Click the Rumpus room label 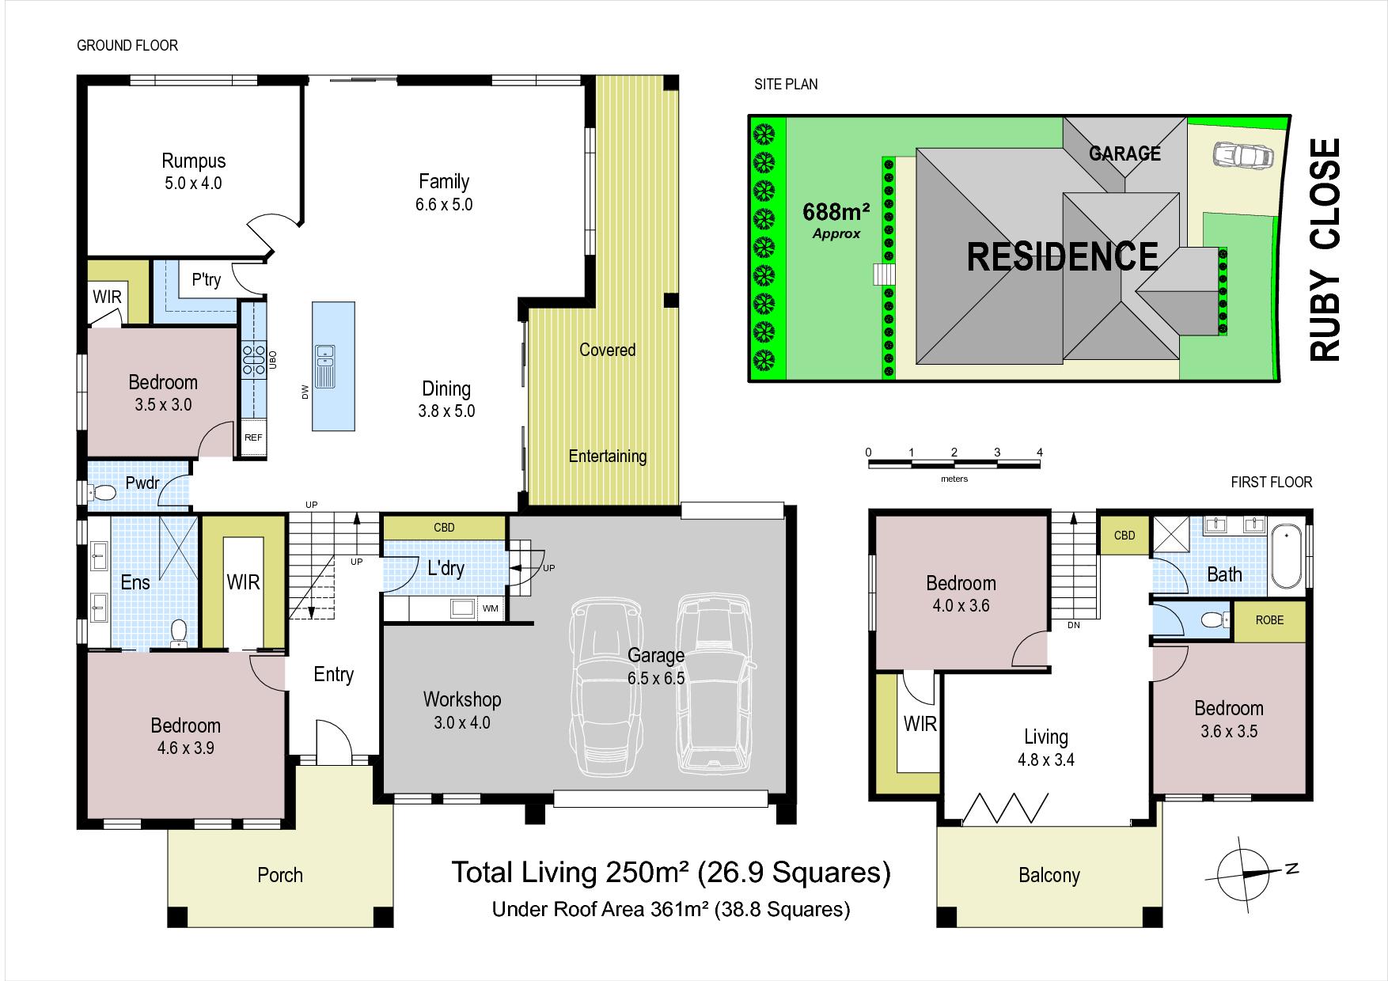coord(194,161)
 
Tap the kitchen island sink coord(324,366)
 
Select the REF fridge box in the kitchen coord(253,437)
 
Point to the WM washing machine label coord(491,608)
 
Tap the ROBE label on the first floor coord(1269,620)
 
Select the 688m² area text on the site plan coord(836,212)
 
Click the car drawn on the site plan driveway coord(1242,155)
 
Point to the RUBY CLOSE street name coord(1325,250)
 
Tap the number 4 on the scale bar coord(1040,453)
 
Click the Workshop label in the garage coord(462,699)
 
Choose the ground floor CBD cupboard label coord(444,528)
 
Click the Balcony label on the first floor coord(1049,876)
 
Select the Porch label coord(280,875)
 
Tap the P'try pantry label coord(206,279)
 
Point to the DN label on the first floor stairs coord(1074,625)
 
